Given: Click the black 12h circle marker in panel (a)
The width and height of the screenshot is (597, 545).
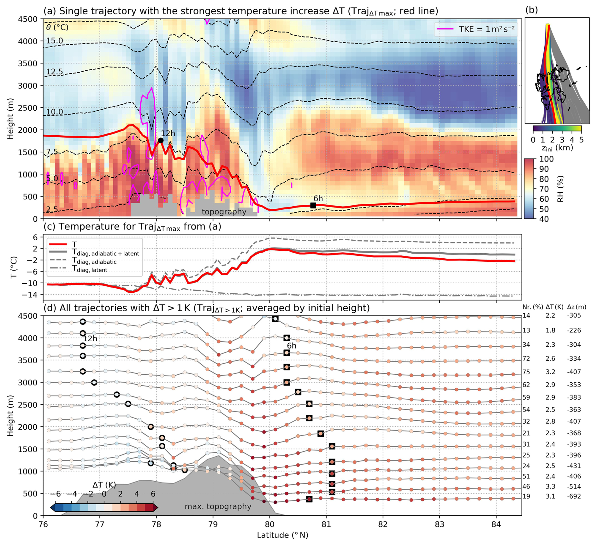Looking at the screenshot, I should tap(161, 140).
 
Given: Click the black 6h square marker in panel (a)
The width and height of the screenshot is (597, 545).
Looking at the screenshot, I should tap(313, 205).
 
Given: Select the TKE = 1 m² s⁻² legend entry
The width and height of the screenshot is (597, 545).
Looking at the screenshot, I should tap(476, 29).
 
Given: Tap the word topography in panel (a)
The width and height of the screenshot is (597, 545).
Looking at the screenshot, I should tap(224, 212).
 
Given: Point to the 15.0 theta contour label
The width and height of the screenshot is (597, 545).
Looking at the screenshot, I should tap(55, 41).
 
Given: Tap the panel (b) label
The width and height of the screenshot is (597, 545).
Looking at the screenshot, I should tap(532, 10).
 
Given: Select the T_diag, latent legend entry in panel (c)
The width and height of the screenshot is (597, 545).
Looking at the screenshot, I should tap(90, 269).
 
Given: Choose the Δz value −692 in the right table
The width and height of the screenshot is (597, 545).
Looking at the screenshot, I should tap(574, 496).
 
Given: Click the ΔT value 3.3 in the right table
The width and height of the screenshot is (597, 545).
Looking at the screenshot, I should tap(550, 486).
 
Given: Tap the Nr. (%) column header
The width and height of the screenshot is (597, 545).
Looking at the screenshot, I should tap(533, 307).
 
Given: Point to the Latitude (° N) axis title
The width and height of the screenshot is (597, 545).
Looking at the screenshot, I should tap(282, 535).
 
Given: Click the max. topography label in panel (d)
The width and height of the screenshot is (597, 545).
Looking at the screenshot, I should tap(218, 507).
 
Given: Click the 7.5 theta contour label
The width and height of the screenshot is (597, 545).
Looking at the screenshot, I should tap(52, 152).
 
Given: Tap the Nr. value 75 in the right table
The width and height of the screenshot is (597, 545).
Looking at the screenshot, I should tap(526, 372).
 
